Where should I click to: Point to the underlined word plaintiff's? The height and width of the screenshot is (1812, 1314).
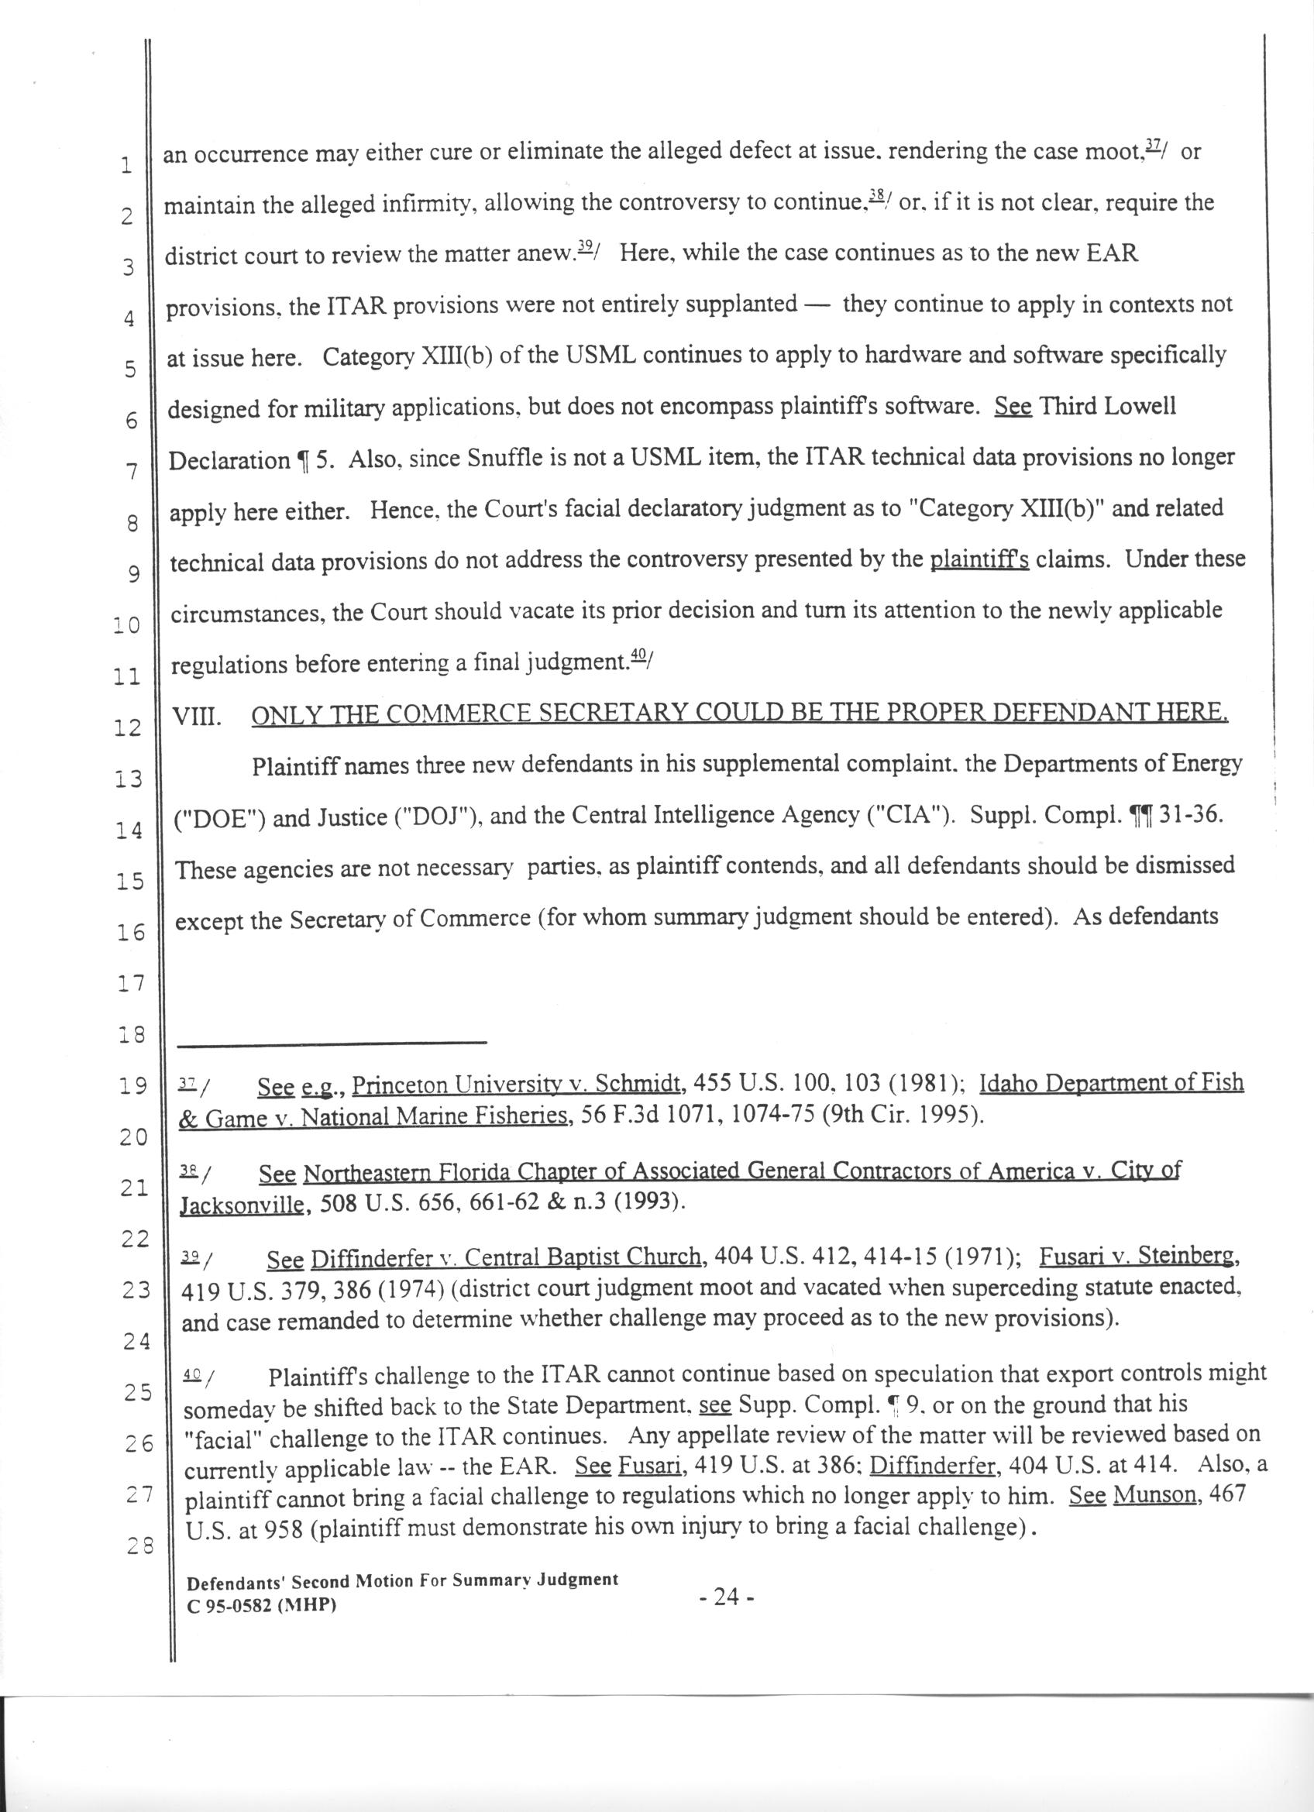pos(979,559)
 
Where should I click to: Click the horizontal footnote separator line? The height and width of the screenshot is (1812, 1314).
pos(332,1042)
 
